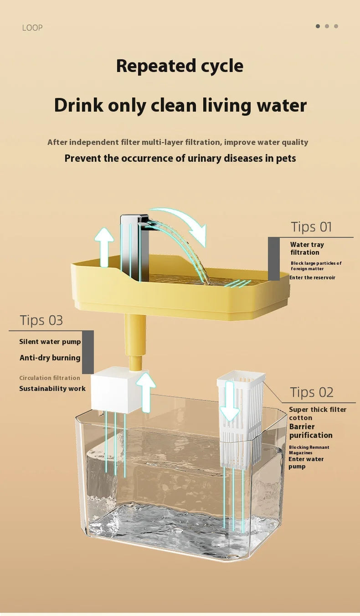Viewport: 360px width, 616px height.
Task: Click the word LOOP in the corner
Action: (32, 28)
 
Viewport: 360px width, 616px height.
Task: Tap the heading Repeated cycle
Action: (180, 66)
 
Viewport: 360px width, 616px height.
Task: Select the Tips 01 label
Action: (311, 227)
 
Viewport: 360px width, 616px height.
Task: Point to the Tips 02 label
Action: (312, 392)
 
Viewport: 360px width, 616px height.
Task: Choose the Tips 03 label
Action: (41, 320)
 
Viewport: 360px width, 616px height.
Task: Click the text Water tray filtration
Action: (307, 248)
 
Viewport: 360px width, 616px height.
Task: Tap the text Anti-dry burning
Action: (50, 358)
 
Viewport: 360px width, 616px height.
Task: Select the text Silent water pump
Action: (50, 342)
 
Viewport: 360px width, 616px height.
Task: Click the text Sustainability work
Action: (52, 389)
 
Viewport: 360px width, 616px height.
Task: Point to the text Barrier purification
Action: (311, 431)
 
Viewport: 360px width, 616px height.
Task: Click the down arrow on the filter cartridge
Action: (230, 401)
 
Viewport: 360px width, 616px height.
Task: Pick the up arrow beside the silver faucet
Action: (104, 247)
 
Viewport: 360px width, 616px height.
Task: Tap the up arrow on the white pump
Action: (146, 392)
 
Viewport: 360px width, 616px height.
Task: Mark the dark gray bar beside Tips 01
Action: (273, 259)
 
